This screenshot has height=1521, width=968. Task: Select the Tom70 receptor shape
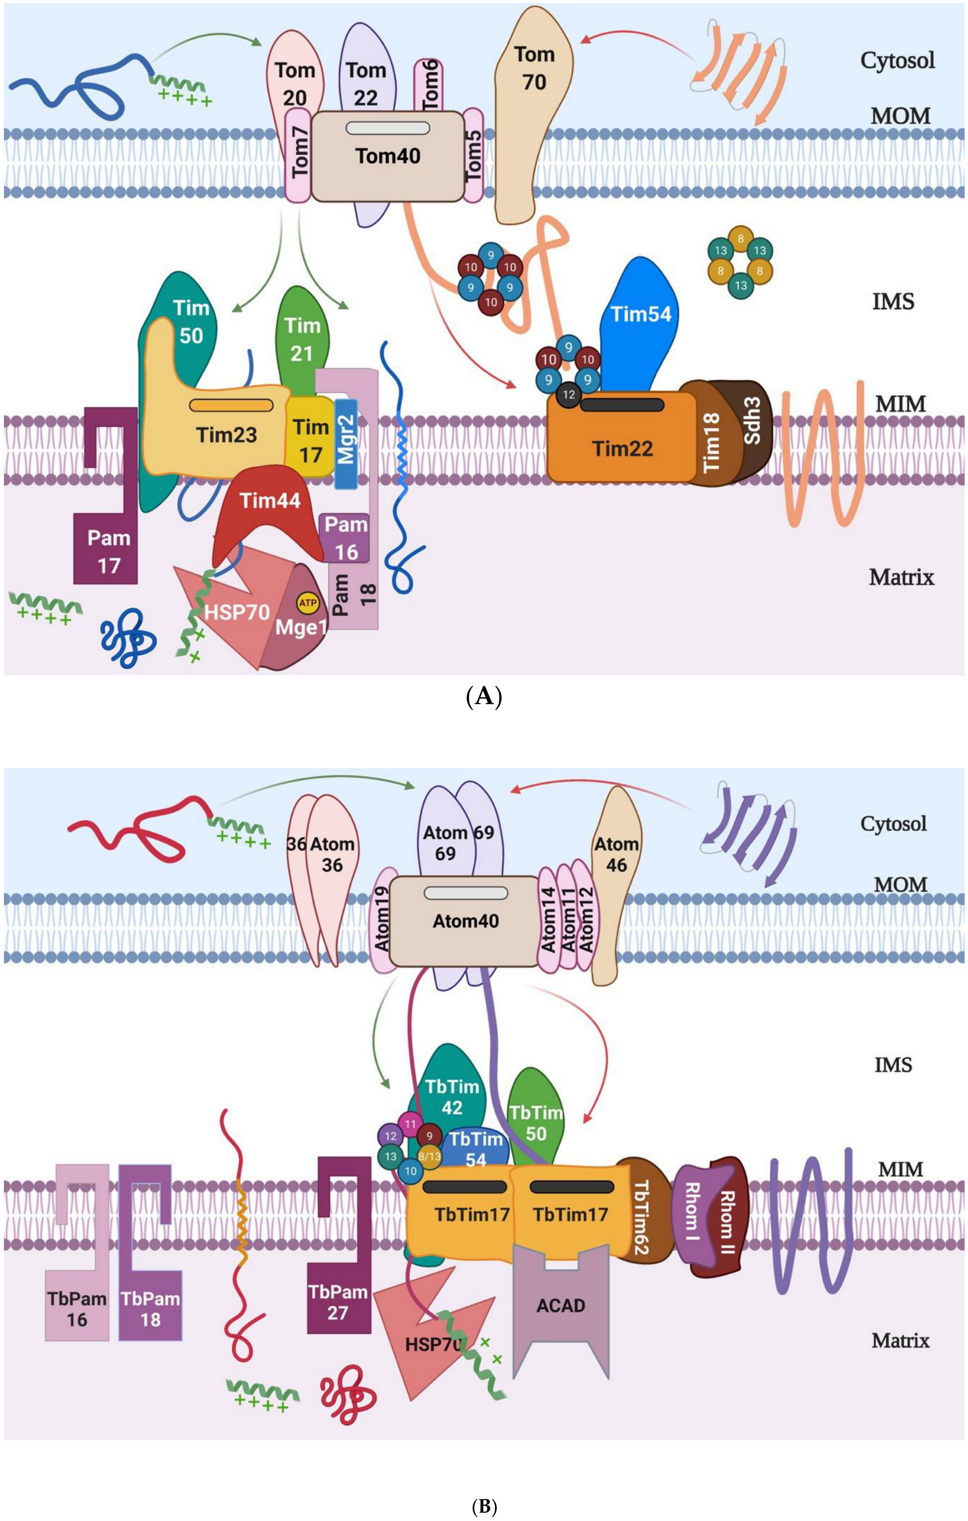pyautogui.click(x=533, y=127)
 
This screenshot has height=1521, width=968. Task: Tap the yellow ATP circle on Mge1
pyautogui.click(x=308, y=603)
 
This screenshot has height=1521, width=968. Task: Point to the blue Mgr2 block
pyautogui.click(x=346, y=442)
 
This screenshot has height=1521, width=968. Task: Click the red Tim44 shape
pyautogui.click(x=269, y=511)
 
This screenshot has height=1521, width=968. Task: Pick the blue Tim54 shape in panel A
pyautogui.click(x=640, y=329)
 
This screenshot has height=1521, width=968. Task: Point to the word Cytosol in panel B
pyautogui.click(x=893, y=824)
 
